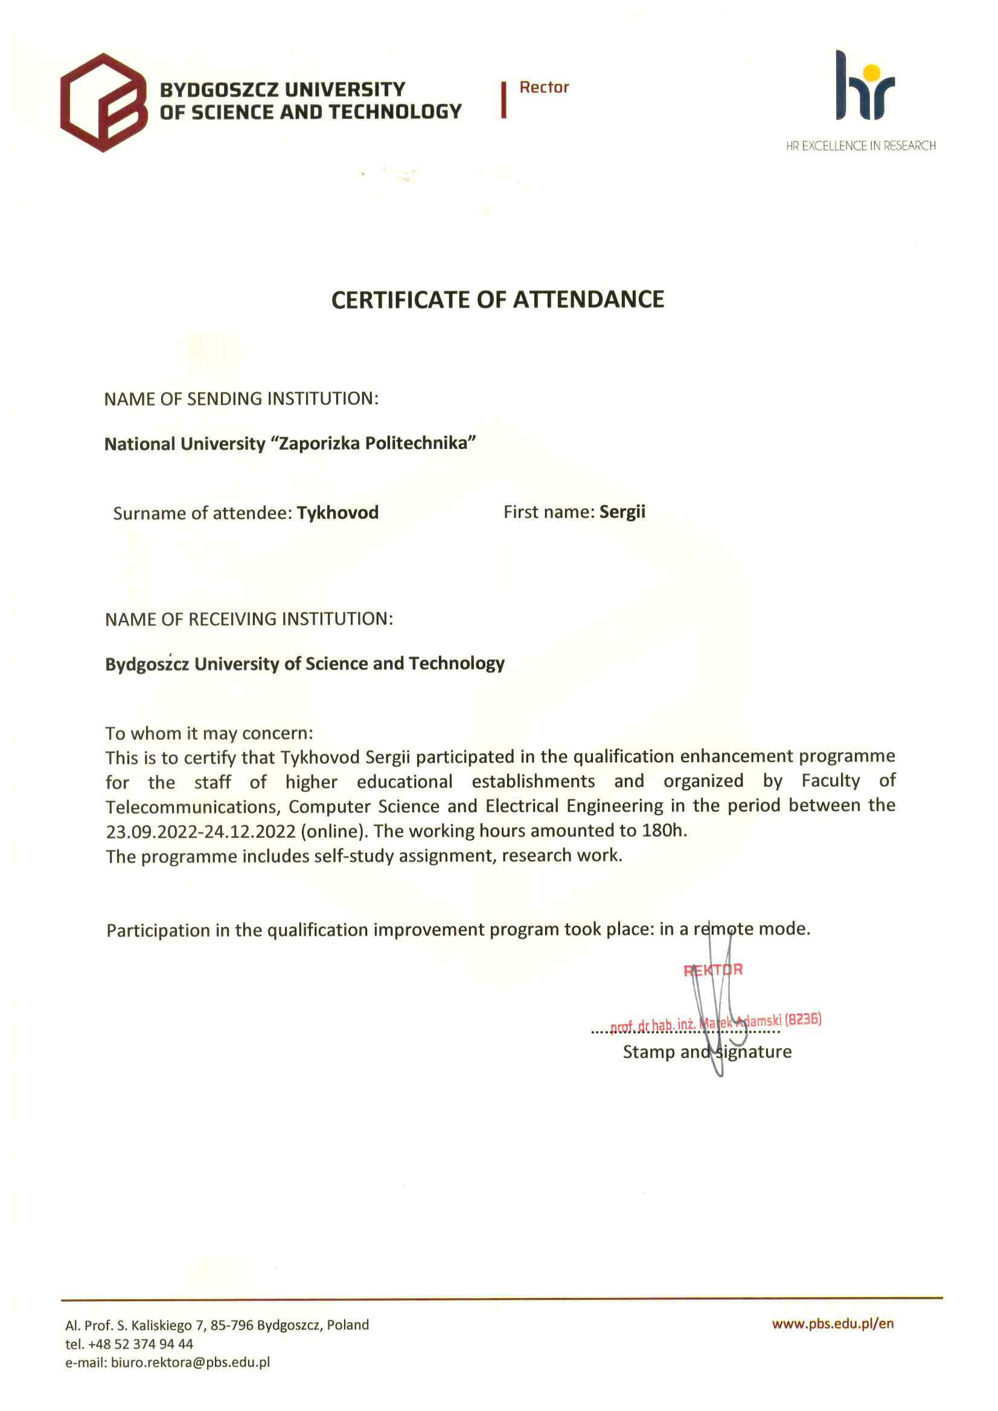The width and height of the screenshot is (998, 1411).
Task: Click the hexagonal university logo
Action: coord(103,102)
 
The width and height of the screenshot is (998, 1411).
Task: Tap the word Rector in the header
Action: coord(543,88)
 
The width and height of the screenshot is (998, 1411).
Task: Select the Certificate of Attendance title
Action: coord(497,300)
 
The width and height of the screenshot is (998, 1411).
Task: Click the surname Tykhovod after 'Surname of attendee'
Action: coord(337,512)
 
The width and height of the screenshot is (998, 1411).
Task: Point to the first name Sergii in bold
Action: coord(622,512)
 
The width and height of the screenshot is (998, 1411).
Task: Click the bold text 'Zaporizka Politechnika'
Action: coord(377,443)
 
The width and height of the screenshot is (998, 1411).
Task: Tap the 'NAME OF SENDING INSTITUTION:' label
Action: coord(241,399)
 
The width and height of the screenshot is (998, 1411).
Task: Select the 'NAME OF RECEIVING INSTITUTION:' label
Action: coord(248,619)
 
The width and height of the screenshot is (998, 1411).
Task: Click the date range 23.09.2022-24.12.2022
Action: coord(200,832)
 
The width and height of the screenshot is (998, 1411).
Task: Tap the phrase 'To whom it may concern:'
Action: coord(209,733)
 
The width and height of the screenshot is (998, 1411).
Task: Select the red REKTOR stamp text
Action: coord(712,970)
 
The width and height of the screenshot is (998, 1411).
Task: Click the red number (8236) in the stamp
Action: coord(802,1019)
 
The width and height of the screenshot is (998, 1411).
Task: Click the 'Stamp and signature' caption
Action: coord(707,1052)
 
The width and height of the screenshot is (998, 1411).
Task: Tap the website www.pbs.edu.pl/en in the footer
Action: coord(833,1323)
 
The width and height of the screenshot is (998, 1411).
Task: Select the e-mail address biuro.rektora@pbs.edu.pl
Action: coord(190,1363)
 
